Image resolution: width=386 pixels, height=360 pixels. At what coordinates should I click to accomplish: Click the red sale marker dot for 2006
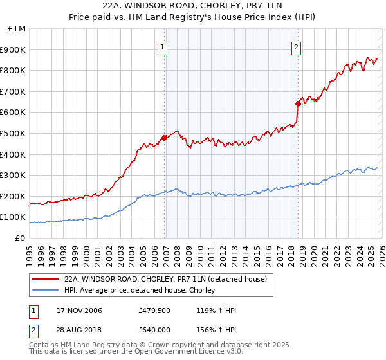pos(165,137)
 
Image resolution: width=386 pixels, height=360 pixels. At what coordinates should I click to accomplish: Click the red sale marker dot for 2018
pos(298,103)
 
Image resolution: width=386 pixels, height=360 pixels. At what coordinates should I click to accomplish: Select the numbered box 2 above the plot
pos(296,46)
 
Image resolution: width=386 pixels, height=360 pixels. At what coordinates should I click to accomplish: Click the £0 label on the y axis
pos(20,238)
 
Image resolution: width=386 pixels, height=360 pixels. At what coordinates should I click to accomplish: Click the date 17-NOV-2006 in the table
pos(79,310)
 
